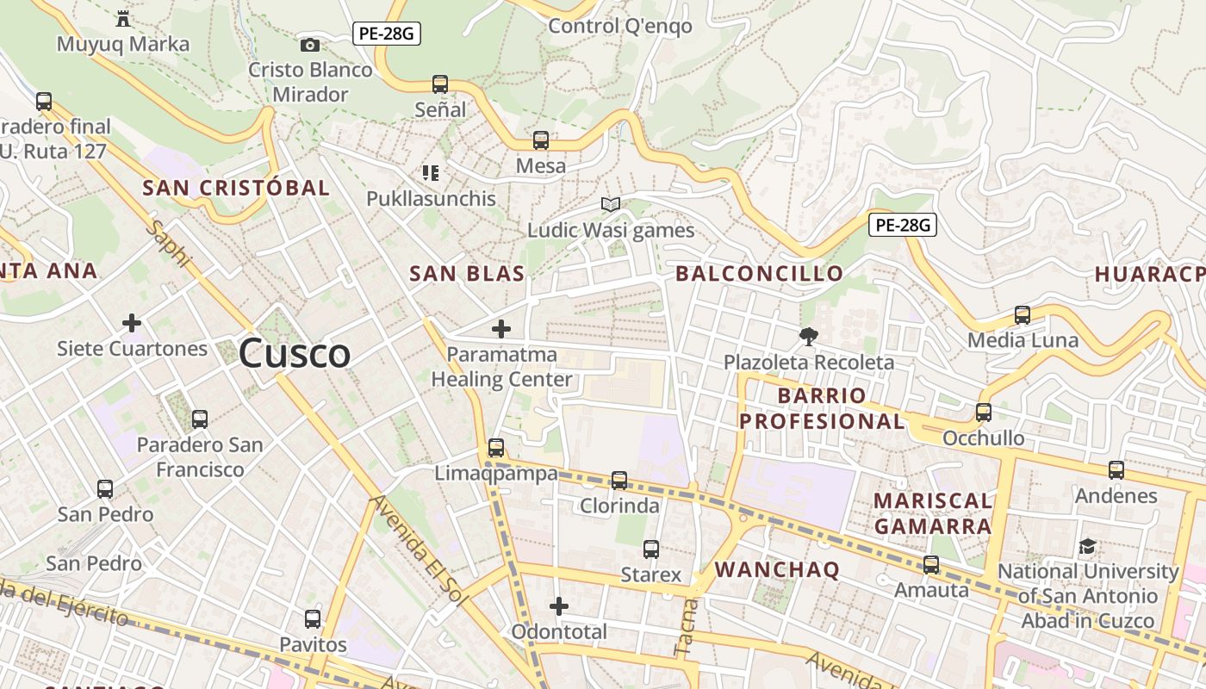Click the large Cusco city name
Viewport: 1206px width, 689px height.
295,353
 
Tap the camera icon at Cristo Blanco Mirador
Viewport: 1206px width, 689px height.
310,45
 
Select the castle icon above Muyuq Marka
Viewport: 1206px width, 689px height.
122,17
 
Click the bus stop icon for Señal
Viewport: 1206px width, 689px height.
440,84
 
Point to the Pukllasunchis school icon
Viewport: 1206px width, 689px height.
431,173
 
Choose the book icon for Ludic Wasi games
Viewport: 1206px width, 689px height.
611,205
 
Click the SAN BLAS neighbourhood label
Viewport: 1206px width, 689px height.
467,274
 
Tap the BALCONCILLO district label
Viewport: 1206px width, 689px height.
759,274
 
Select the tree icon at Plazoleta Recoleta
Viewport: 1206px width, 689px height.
808,337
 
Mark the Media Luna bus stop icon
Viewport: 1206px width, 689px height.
1023,315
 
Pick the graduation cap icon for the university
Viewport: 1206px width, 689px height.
1087,547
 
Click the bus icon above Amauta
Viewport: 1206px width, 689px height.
931,565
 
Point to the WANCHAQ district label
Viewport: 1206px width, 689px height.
777,569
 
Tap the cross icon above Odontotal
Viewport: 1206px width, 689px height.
559,606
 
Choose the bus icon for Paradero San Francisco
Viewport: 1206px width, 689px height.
200,419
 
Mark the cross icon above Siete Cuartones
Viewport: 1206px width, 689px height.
132,323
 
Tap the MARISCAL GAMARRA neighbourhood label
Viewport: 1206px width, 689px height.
933,513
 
